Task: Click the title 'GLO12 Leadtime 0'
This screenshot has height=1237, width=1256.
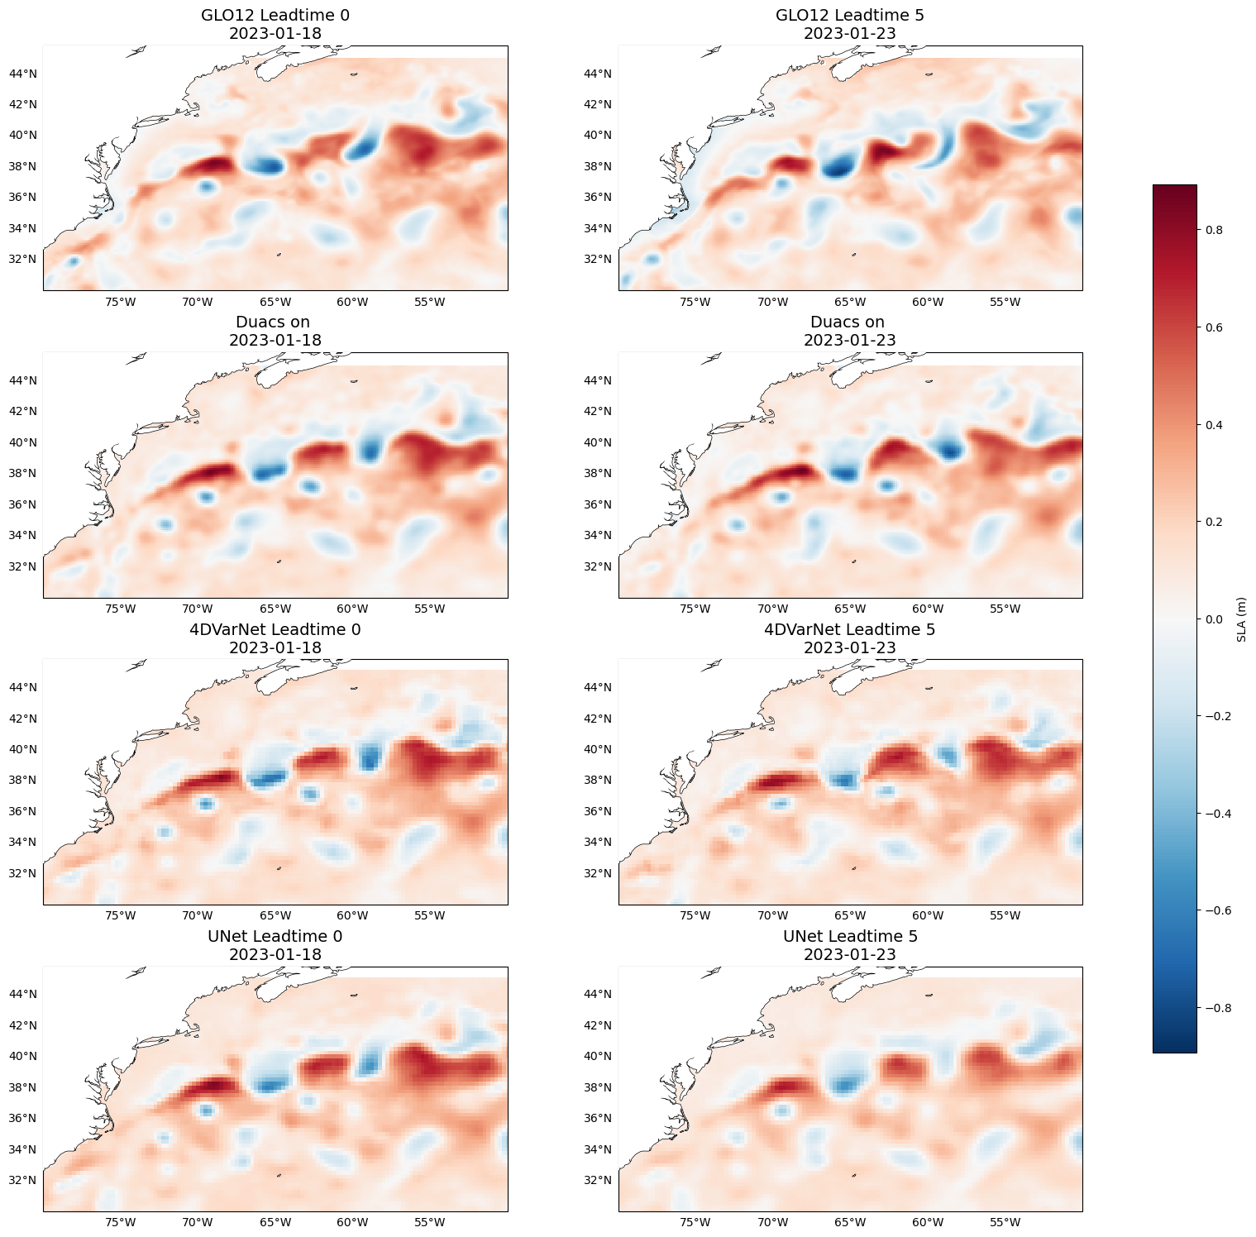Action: pyautogui.click(x=275, y=15)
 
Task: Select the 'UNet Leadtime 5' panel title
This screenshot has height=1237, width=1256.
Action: pyautogui.click(x=850, y=936)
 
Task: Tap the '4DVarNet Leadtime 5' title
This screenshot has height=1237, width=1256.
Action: pyautogui.click(x=850, y=629)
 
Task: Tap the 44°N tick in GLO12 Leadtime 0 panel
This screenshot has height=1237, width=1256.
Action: pyautogui.click(x=22, y=74)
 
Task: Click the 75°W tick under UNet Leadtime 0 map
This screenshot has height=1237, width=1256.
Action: pyautogui.click(x=120, y=1223)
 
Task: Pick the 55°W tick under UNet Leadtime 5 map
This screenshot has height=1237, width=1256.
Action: pyautogui.click(x=1005, y=1223)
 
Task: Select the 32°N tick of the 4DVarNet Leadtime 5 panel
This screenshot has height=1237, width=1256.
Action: pyautogui.click(x=598, y=873)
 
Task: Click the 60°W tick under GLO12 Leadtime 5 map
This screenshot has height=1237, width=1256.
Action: pyautogui.click(x=927, y=302)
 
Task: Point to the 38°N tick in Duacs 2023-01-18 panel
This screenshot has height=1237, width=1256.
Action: pyautogui.click(x=22, y=474)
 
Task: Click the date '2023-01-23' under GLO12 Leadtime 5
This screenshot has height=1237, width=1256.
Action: pyautogui.click(x=850, y=34)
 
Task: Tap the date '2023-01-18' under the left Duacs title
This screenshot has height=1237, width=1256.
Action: pyautogui.click(x=275, y=340)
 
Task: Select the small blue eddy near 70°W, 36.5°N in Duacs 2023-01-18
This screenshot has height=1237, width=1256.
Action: pyautogui.click(x=206, y=496)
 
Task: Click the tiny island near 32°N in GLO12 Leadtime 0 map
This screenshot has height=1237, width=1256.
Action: pyautogui.click(x=279, y=255)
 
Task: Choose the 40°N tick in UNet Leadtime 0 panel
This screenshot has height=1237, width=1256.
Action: pyautogui.click(x=22, y=1056)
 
